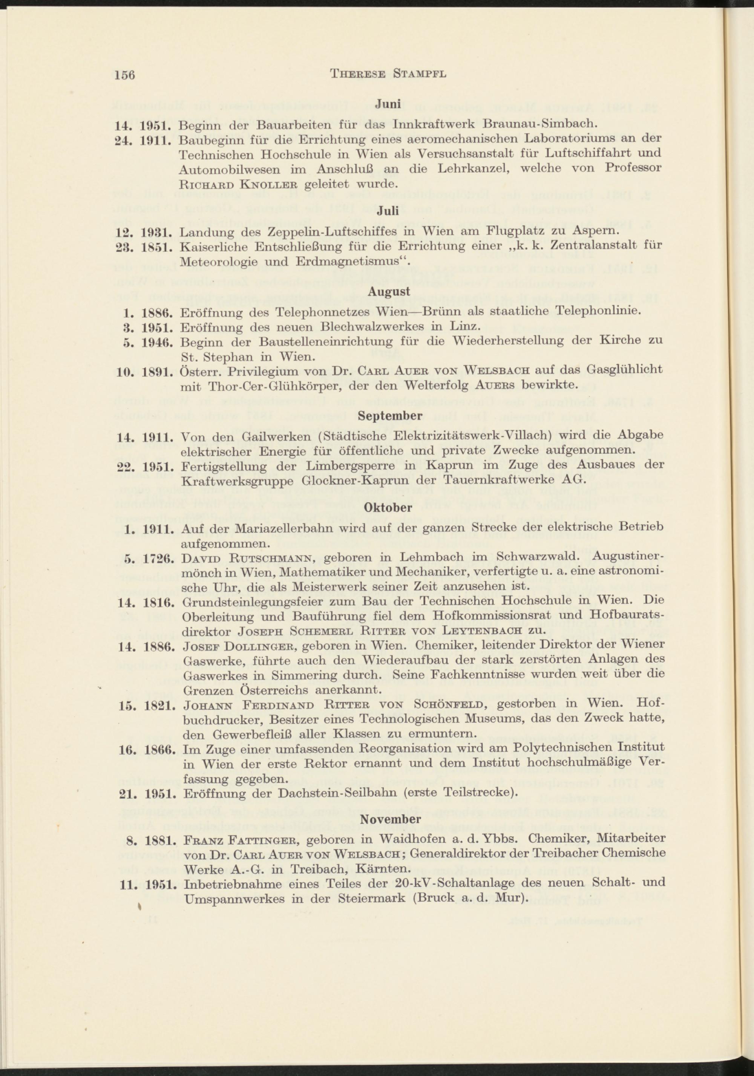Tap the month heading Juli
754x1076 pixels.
click(x=389, y=211)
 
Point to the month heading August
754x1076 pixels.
click(x=389, y=291)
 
